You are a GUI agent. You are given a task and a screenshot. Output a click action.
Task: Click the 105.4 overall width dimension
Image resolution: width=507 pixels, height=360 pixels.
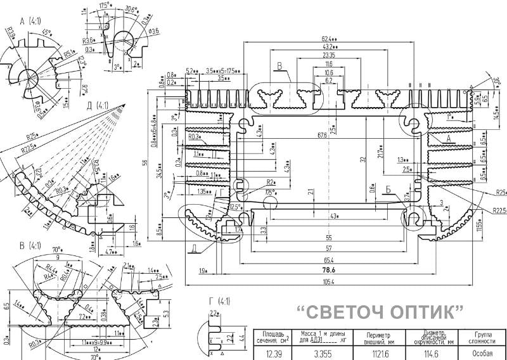point(329,281)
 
